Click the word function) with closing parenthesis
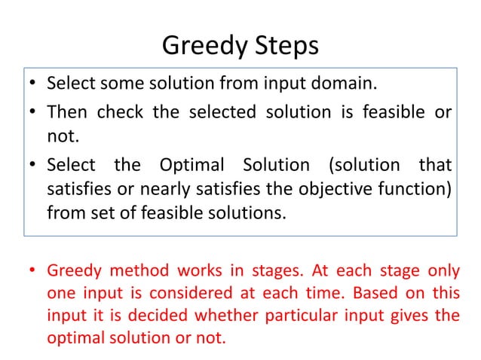click(x=414, y=188)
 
